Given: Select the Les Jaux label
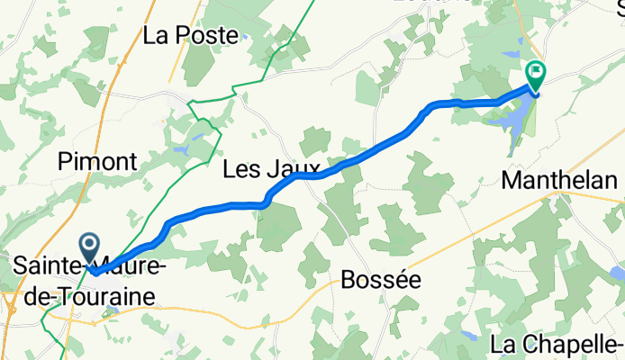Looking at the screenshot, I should tap(272, 169).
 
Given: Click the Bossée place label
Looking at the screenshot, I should tap(381, 280).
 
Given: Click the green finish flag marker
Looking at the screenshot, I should tap(537, 71).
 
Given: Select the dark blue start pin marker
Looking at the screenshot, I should tap(91, 245).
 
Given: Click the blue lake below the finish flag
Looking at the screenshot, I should tap(518, 117).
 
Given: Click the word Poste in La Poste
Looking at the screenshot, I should tap(212, 36).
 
